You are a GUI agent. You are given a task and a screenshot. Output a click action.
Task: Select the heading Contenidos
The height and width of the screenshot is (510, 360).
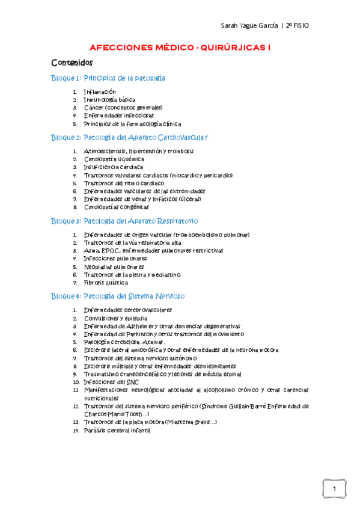[x=72, y=62]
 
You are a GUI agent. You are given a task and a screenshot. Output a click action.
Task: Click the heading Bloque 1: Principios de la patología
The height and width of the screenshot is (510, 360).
[x=108, y=78]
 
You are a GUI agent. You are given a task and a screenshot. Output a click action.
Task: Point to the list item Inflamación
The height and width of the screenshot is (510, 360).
[x=100, y=92]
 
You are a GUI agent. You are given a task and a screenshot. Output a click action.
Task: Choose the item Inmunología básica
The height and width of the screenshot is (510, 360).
[x=109, y=100]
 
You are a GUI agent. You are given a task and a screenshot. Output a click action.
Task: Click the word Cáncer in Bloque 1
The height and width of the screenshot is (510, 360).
[x=94, y=108]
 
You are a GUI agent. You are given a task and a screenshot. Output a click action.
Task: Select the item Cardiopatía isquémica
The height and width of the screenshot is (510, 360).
[x=114, y=159]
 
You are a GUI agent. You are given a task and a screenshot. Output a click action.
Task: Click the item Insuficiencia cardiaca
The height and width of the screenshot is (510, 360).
[x=114, y=167]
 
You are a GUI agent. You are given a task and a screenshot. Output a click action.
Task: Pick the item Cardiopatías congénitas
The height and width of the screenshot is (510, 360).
[x=117, y=206]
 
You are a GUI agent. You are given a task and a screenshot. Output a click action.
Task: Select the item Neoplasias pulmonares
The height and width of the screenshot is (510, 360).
[x=114, y=266]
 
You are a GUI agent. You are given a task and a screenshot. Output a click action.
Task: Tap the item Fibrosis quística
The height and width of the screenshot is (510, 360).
[x=106, y=282]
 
